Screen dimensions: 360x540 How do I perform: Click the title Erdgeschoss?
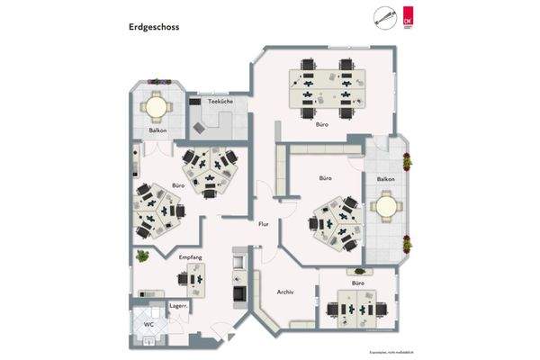pos(154,27)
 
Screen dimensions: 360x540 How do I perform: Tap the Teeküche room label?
pos(220,102)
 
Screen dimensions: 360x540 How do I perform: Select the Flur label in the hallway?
pos(264,223)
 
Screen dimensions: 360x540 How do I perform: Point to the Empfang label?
pos(190,258)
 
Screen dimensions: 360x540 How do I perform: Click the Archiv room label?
pos(285,291)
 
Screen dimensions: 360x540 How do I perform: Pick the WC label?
pos(149,323)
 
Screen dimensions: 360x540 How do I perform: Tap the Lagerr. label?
pos(153,307)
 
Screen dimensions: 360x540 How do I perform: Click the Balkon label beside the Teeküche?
pos(157,131)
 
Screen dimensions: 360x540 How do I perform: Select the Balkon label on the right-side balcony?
pos(386,179)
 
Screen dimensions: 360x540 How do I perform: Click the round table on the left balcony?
pos(157,107)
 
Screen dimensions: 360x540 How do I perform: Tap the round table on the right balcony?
pos(386,207)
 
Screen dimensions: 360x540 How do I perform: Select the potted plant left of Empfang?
pos(141,256)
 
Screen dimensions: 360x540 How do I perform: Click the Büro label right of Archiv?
pos(357,283)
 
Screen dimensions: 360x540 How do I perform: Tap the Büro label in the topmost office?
pos(321,123)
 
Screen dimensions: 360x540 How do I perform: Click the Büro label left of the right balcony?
pos(326,179)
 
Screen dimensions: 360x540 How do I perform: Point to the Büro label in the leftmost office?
pos(177,186)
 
